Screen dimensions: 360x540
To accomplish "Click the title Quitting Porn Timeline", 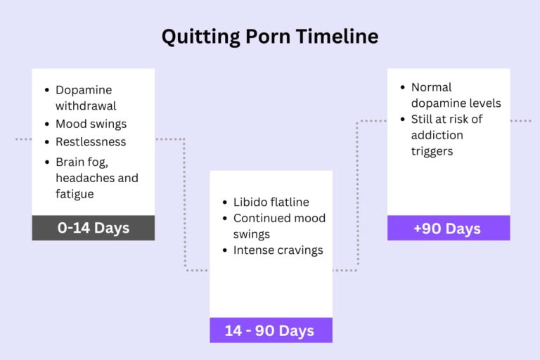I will [270, 37].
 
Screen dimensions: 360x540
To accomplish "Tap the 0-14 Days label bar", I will [93, 228].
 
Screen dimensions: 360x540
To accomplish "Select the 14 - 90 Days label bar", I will [271, 330].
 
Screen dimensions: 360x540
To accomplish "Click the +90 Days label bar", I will [448, 229].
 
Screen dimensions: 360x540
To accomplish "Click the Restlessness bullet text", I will [91, 141].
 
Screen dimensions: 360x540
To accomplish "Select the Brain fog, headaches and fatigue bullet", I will [96, 177].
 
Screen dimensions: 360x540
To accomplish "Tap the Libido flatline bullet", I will [271, 202].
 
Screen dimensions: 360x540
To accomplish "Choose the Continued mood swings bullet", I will [279, 226].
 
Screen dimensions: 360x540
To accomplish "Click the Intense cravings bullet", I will [278, 250].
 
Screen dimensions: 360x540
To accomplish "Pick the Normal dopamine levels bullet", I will [456, 95].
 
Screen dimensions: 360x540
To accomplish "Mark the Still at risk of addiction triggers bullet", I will [446, 134].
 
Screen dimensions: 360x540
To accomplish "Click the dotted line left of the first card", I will [23, 139].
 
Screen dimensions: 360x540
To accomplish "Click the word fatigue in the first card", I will [75, 193].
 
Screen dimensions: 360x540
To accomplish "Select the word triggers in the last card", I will [432, 150].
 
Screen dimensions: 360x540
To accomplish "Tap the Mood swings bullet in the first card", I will [91, 124].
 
